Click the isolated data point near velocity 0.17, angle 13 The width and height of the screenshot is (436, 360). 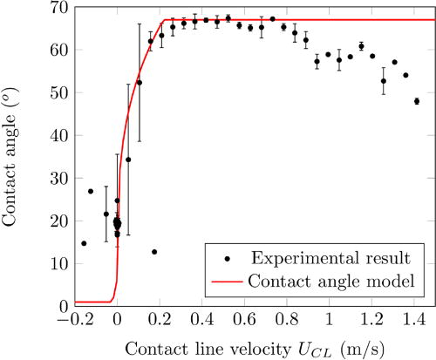tap(154, 252)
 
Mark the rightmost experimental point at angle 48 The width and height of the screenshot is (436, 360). tap(417, 101)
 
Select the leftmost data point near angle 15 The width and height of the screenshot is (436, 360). tap(84, 243)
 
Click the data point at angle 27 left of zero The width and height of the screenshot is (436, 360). tap(91, 191)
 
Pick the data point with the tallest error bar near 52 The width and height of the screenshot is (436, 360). tap(140, 83)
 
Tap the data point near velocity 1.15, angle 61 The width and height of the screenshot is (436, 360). tap(361, 46)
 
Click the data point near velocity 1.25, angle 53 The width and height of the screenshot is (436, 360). tap(384, 81)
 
